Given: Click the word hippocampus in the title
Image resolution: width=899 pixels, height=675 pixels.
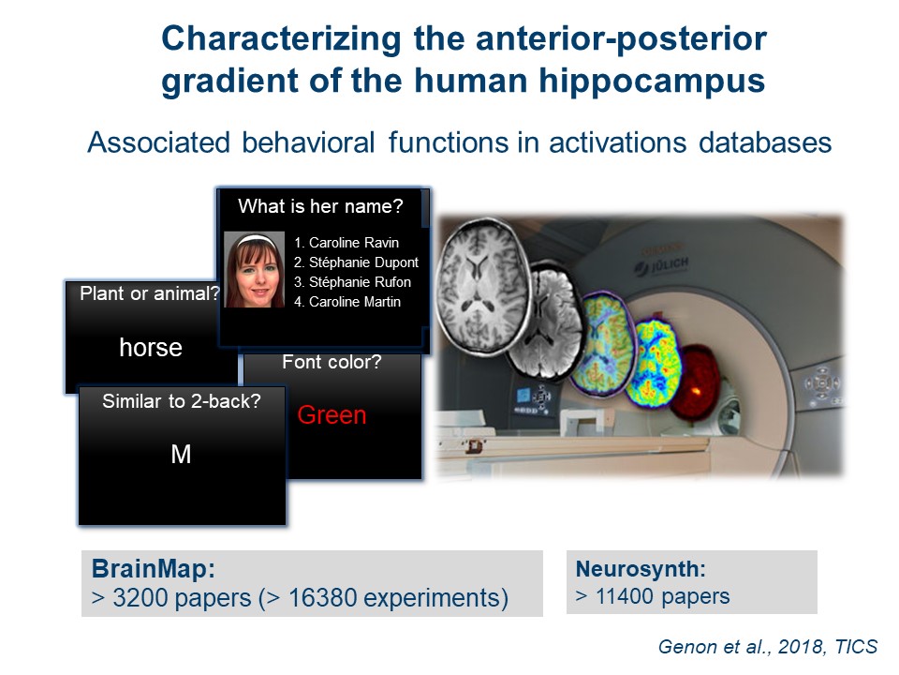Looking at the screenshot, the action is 652,80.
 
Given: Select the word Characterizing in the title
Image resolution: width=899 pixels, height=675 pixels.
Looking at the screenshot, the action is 282,39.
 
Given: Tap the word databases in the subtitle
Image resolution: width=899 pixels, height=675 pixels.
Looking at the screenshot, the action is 765,142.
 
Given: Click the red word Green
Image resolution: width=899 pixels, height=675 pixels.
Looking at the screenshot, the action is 332,415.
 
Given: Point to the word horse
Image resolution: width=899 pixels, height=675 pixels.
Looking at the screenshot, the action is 151,347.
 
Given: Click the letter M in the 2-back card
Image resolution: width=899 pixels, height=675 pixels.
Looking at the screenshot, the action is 181,454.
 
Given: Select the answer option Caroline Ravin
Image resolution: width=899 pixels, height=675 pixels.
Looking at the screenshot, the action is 346,243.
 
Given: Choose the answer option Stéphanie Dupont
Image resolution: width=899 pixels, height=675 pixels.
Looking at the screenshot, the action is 356,262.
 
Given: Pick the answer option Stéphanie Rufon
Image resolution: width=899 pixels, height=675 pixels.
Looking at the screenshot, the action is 352,282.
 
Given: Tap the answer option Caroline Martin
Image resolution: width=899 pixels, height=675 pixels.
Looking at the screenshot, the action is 347,301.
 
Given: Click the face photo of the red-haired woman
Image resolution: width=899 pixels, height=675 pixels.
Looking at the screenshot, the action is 254,269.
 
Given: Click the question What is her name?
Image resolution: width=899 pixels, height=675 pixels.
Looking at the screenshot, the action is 320,206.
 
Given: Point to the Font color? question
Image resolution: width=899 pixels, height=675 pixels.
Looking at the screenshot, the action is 332,362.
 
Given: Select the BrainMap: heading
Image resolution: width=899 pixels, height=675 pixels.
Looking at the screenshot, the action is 154,569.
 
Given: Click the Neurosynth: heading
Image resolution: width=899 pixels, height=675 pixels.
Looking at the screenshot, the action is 641,569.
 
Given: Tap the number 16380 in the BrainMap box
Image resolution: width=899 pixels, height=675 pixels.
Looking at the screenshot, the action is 321,597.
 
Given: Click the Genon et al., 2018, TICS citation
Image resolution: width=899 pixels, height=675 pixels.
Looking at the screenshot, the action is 767,647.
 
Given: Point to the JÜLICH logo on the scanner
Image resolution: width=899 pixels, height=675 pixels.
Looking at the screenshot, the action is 661,265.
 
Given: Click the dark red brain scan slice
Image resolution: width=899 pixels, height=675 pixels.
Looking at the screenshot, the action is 694,382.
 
